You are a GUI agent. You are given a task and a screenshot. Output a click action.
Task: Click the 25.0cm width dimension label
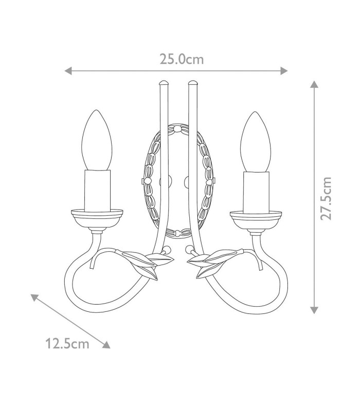point(182,59)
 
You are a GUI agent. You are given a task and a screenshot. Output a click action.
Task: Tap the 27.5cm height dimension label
point(326,199)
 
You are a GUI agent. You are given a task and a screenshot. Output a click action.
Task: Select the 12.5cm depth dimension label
point(67,344)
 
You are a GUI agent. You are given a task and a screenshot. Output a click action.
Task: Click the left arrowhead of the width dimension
point(68,71)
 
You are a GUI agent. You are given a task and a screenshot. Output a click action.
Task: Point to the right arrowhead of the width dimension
point(284,71)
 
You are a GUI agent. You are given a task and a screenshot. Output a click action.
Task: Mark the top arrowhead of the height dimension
point(314,84)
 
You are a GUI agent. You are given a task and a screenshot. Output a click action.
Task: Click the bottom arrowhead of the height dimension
point(314,310)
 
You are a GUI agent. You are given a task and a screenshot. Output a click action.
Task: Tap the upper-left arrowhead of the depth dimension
point(34,297)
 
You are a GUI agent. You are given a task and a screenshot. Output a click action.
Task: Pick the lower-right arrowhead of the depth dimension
point(106,345)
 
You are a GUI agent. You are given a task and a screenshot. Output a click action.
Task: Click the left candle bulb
point(97,140)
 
